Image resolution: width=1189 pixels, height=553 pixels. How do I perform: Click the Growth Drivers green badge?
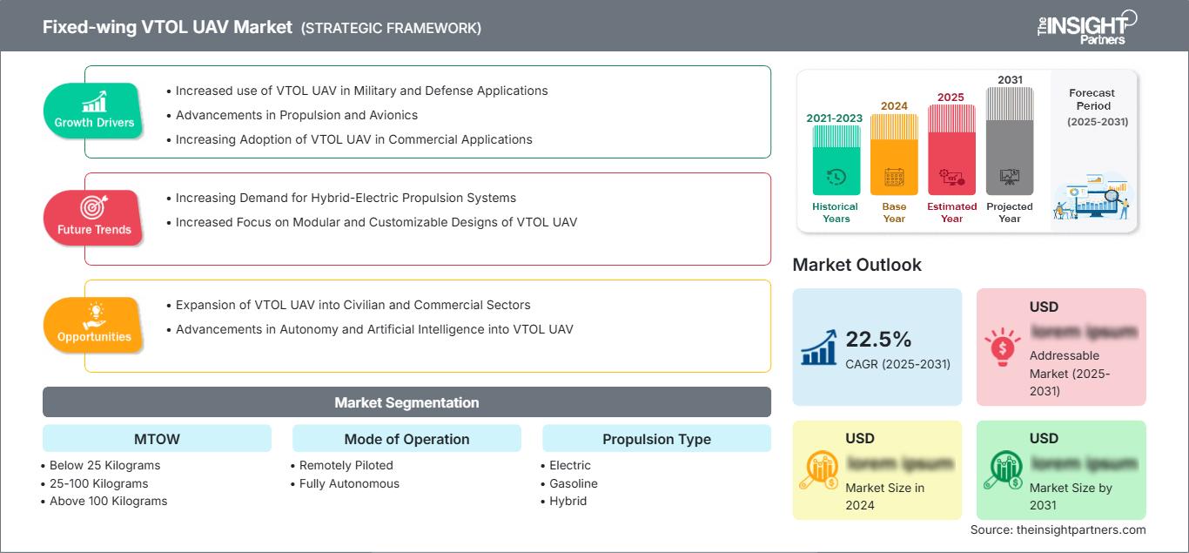(94, 111)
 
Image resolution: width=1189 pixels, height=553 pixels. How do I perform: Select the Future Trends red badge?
(94, 218)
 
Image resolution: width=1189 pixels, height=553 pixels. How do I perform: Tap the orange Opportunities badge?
(94, 325)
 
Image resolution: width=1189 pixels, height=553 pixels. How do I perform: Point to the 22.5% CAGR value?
(879, 340)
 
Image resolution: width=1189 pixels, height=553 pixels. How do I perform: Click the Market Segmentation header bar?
(406, 402)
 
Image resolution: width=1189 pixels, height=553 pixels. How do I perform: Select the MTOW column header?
(157, 439)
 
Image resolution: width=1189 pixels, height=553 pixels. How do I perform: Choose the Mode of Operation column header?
(406, 439)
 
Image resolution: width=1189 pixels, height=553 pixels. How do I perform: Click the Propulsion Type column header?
(656, 439)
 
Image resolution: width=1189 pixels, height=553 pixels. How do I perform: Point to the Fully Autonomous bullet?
(349, 483)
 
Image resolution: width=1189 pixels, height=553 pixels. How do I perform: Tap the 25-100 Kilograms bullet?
(98, 483)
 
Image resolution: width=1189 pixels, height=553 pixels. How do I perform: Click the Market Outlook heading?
(856, 265)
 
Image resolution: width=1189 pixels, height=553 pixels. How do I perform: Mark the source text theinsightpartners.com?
(1058, 529)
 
